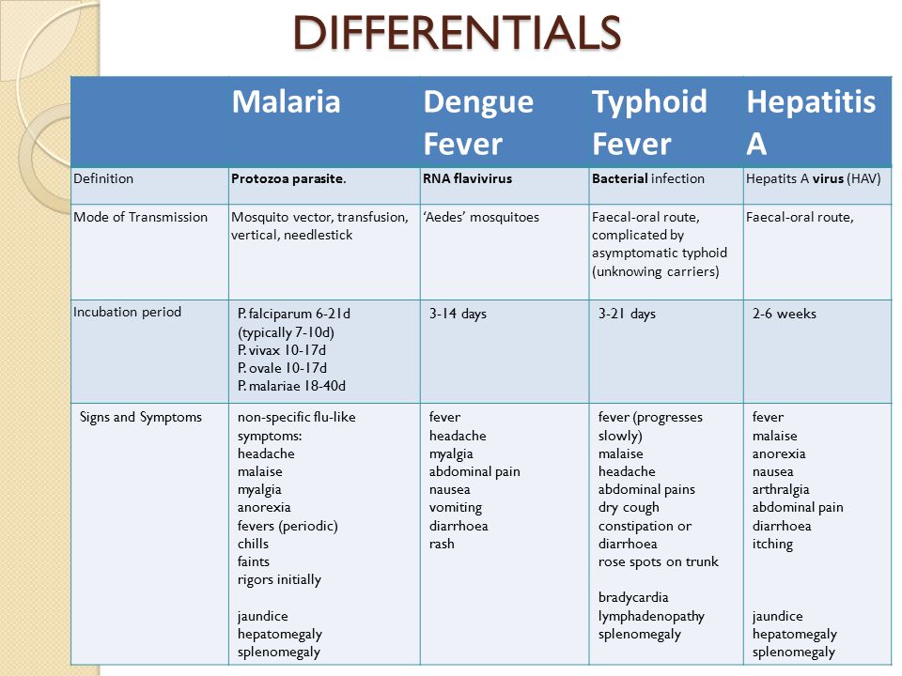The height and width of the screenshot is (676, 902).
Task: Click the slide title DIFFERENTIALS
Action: [458, 33]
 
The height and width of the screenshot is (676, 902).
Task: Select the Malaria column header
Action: [286, 101]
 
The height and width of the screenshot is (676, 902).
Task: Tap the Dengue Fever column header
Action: [478, 122]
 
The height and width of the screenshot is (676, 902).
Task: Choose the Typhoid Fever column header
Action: [649, 122]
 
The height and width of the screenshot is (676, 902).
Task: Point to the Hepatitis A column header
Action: [811, 122]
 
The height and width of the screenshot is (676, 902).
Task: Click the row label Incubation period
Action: [127, 312]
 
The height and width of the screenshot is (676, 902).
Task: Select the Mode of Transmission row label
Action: [140, 217]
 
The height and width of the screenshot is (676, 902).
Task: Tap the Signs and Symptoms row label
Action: [141, 417]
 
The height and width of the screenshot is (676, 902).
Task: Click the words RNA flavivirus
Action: [467, 178]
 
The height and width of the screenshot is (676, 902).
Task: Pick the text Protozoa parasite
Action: [288, 178]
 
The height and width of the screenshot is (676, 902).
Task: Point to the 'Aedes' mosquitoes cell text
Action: [481, 217]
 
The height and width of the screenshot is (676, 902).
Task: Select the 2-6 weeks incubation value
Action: [784, 314]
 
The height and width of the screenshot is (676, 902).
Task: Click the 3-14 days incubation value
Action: [458, 314]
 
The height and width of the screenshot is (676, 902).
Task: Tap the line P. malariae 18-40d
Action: [291, 386]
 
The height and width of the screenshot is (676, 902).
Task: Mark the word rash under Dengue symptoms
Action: [442, 544]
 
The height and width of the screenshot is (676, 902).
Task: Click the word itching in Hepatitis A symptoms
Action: [772, 544]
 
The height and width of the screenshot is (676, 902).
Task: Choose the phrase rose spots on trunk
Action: [658, 561]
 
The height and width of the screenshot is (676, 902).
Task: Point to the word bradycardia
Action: [633, 598]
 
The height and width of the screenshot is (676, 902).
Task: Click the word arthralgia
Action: [781, 490]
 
